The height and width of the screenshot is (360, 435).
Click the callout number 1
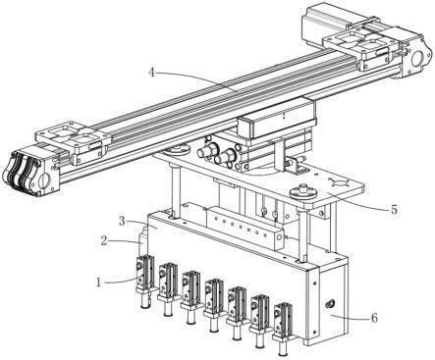[98, 282]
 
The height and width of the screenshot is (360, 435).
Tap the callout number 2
[104, 240]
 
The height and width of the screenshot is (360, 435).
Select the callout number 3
[122, 222]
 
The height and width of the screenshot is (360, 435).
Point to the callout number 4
[151, 73]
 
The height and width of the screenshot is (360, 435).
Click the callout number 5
[394, 209]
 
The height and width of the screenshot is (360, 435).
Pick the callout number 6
[374, 318]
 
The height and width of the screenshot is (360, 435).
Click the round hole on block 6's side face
[328, 305]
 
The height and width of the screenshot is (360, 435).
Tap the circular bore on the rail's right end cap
[418, 59]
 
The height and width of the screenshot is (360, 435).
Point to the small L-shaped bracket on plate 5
[298, 165]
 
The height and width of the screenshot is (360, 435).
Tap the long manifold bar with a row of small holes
[245, 228]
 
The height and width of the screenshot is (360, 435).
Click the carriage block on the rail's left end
[72, 144]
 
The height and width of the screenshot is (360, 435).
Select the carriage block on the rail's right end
[362, 50]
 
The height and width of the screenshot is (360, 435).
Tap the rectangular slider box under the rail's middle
[277, 120]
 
